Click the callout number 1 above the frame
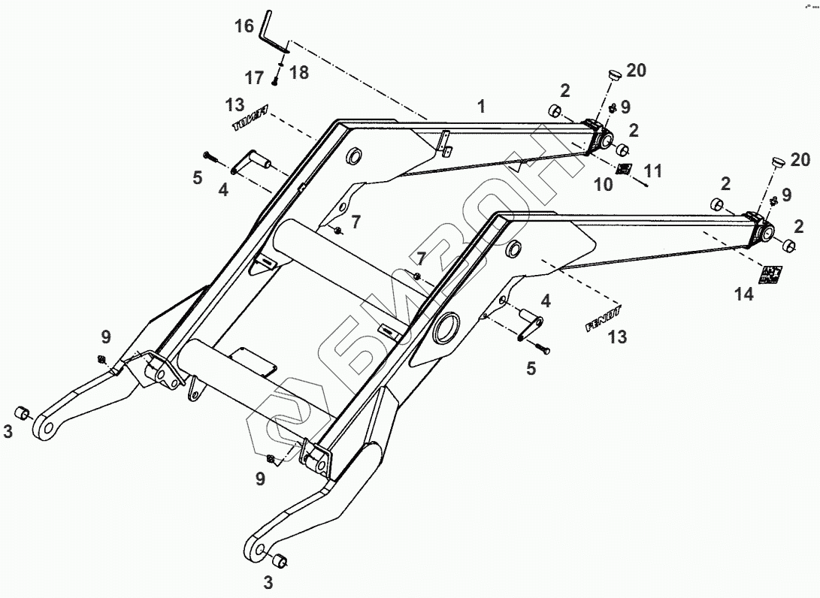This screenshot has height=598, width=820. coord(480,107)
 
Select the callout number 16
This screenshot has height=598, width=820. coord(244,26)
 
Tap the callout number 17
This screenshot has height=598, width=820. coord(253,77)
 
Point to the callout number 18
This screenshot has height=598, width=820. coord(299,72)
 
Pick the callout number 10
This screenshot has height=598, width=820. coord(604,184)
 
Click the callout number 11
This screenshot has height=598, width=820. coord(653,172)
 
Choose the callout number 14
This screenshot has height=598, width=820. coord(743,294)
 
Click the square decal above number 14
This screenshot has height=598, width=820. coord(770,274)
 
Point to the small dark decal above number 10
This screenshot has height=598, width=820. coord(623,168)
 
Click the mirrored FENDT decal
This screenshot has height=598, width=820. coord(250,119)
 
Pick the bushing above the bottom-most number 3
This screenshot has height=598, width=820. coord(280,560)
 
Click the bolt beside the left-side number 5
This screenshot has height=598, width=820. coord(210,156)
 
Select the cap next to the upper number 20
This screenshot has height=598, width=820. coord(613,76)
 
